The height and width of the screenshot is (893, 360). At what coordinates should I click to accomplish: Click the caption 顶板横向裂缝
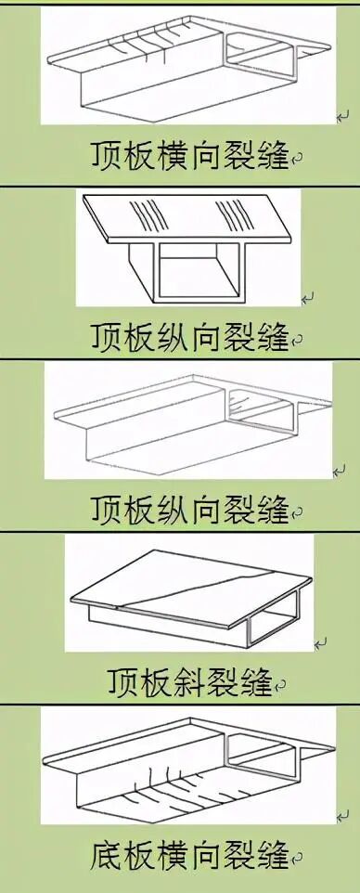pos(189,154)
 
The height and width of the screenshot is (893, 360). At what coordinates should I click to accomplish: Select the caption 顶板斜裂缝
pos(189,682)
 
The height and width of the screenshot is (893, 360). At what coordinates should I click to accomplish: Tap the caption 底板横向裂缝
pos(189,853)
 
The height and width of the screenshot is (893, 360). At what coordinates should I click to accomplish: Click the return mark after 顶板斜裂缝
pos(279,689)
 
